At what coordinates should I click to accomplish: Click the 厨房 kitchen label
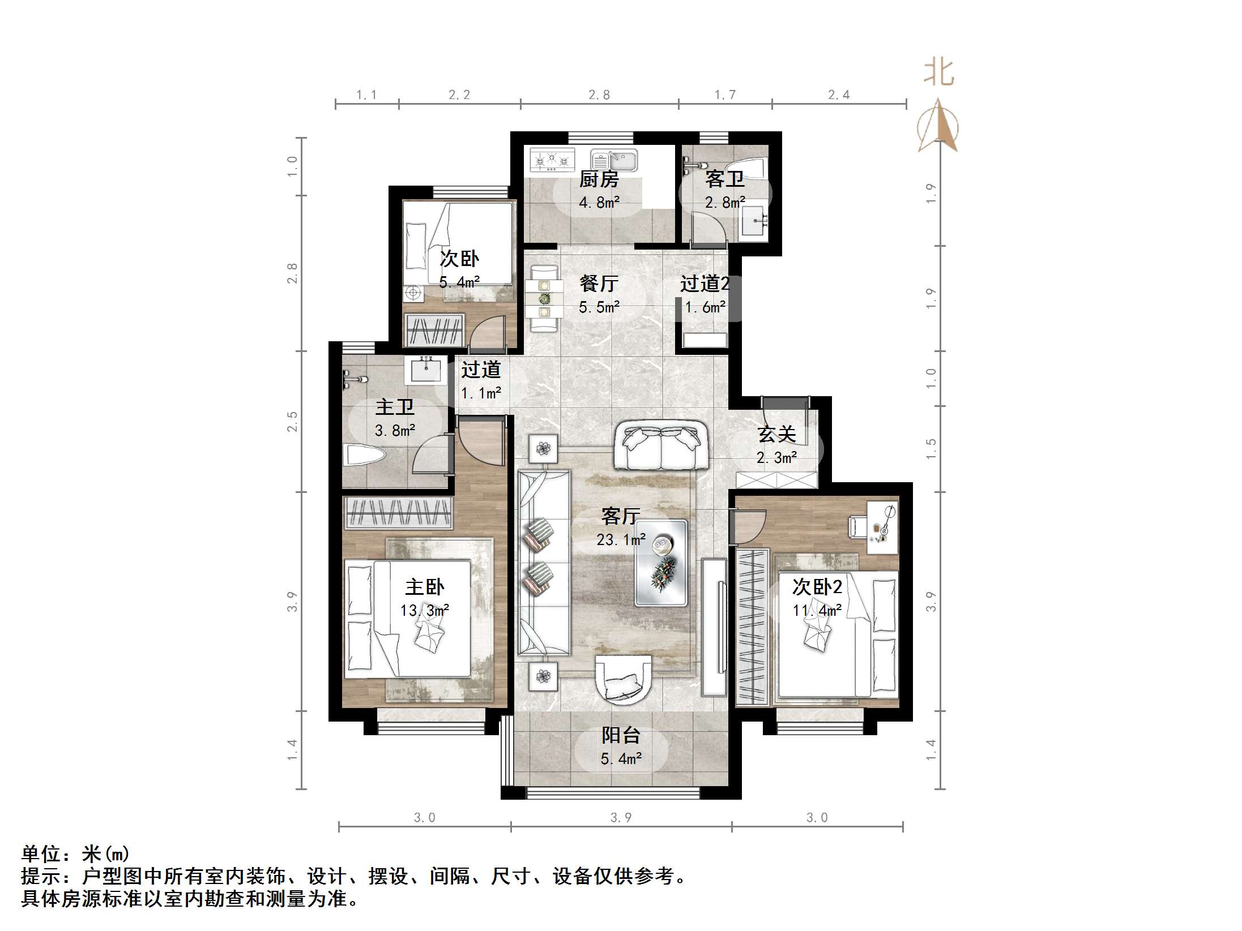(x=599, y=179)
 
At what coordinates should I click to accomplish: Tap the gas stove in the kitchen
(x=552, y=160)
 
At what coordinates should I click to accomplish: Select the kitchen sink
(x=614, y=160)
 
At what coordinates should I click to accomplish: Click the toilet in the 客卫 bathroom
(x=756, y=168)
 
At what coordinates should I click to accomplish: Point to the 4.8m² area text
(x=599, y=203)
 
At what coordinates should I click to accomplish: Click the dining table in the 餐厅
(x=544, y=299)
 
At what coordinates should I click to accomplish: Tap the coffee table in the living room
(x=661, y=563)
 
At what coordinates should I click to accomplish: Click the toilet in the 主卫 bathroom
(x=363, y=456)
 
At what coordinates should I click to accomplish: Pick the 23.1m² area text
(x=621, y=540)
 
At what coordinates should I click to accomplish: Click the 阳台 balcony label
(x=621, y=735)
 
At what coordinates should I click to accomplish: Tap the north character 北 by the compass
(x=938, y=74)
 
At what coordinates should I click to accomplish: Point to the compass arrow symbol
(x=938, y=127)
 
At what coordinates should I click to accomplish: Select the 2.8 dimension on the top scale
(x=599, y=95)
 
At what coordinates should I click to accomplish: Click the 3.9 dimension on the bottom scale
(x=621, y=817)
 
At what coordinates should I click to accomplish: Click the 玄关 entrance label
(x=776, y=434)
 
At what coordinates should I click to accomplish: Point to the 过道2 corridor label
(x=704, y=284)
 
